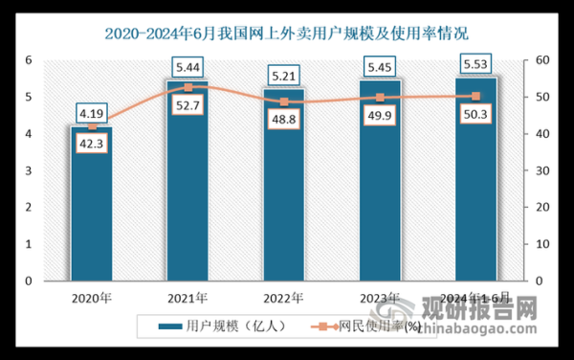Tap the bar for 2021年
(x=188, y=191)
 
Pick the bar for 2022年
(x=285, y=201)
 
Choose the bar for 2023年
(x=381, y=191)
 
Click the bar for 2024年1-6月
(x=476, y=191)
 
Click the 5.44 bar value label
(x=188, y=67)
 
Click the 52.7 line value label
(x=188, y=106)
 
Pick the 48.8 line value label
(x=285, y=121)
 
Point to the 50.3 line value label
(x=476, y=115)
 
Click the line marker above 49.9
(x=381, y=98)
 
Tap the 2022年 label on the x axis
(x=285, y=298)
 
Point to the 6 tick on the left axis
(x=29, y=60)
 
